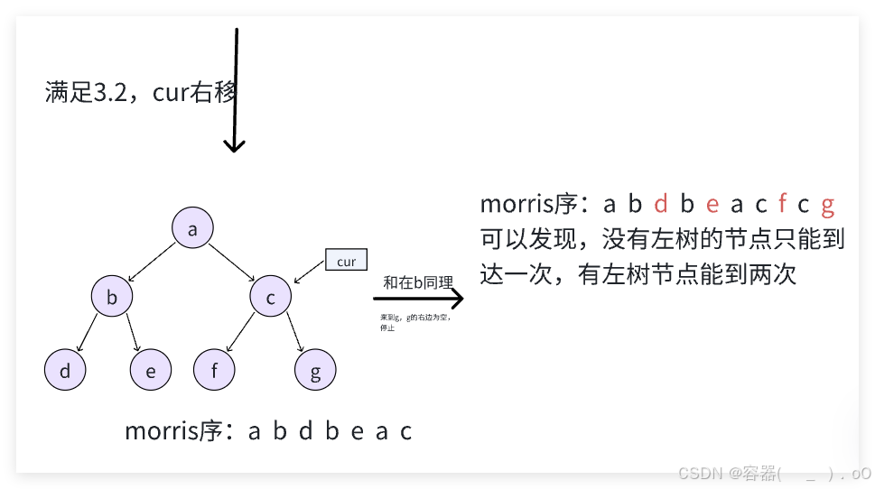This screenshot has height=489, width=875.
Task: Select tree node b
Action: pos(112,297)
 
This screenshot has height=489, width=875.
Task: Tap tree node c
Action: pos(270,297)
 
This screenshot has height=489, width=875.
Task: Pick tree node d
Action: pos(65,370)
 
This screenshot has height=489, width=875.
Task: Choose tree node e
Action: pos(150,370)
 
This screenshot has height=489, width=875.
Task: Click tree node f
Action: pos(214,370)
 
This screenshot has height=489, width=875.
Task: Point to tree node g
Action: pos(315,370)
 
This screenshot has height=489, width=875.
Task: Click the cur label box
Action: pos(346,261)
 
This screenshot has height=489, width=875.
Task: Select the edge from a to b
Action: pos(153,262)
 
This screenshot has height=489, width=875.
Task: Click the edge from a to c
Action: pos(232,262)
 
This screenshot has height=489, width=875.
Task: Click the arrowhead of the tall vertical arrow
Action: pos(235,145)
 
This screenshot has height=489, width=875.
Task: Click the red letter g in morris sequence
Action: pos(827,205)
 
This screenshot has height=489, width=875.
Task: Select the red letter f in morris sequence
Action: pos(782,205)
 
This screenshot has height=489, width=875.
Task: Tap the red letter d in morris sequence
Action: pos(661,205)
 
